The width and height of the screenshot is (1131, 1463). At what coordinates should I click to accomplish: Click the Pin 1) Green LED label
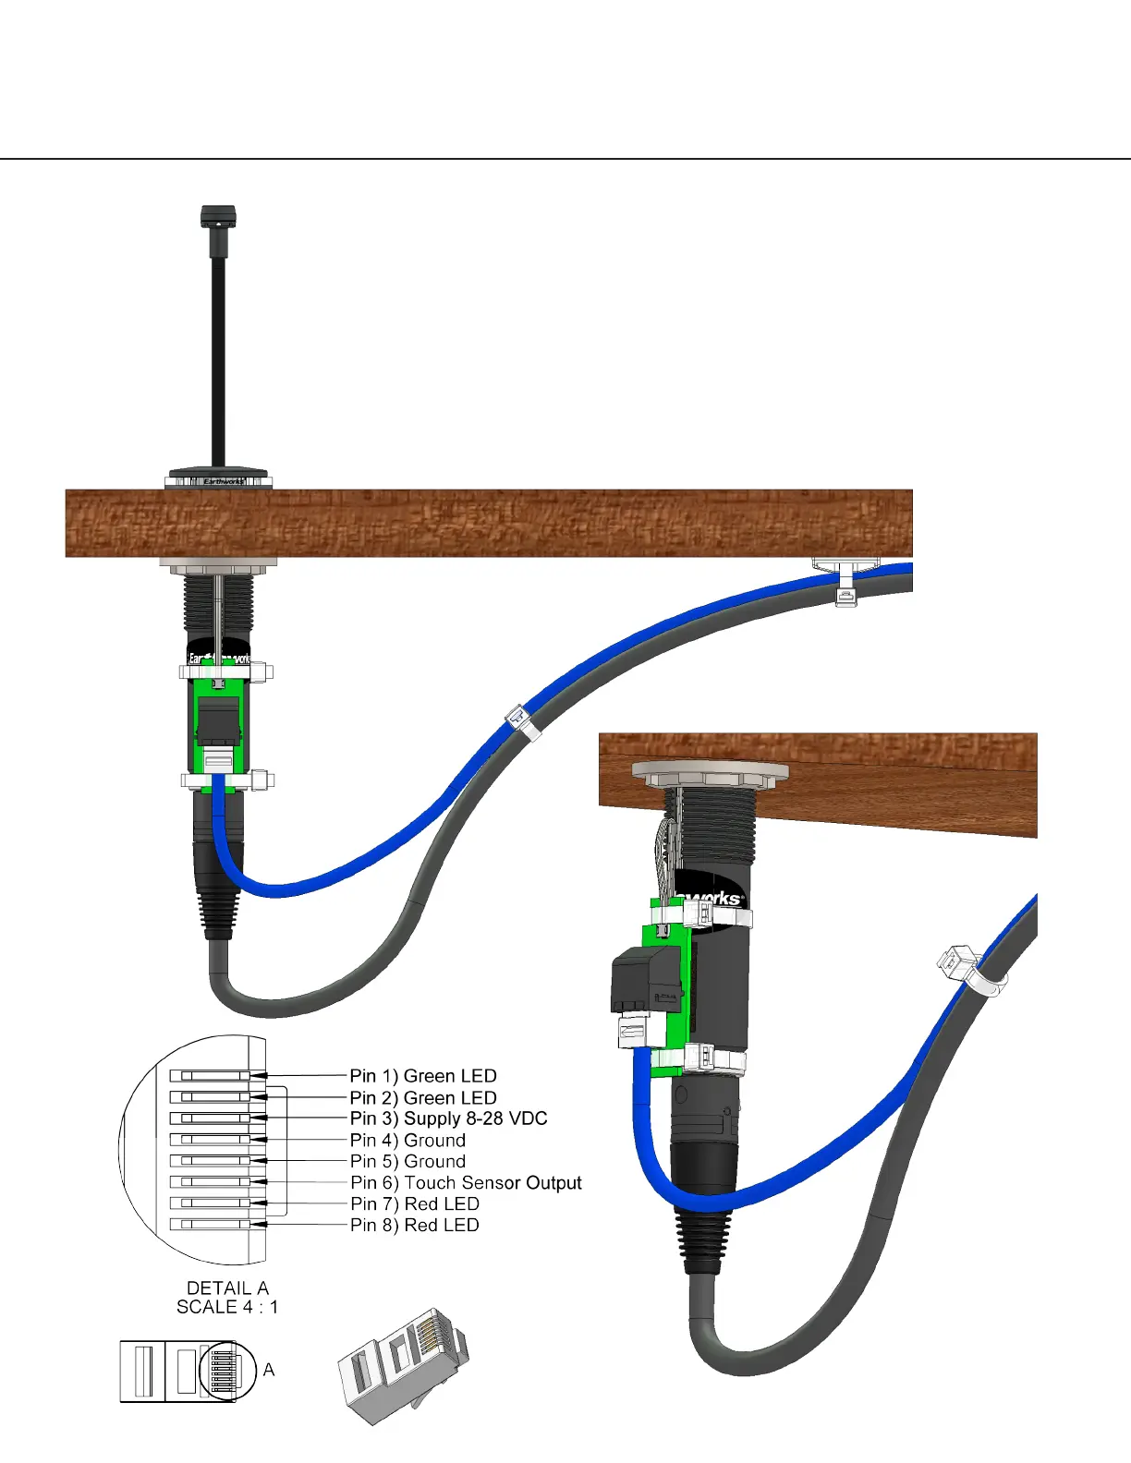click(423, 1076)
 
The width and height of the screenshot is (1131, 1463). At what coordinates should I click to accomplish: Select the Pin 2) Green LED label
click(423, 1097)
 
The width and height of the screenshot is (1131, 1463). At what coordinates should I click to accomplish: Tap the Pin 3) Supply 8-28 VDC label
click(449, 1118)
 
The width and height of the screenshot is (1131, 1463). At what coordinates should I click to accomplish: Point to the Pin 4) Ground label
click(407, 1140)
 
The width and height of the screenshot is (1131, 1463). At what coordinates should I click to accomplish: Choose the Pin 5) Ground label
click(407, 1161)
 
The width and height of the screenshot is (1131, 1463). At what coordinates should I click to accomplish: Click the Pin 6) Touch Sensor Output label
click(466, 1183)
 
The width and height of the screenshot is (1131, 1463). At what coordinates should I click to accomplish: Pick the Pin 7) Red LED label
click(414, 1203)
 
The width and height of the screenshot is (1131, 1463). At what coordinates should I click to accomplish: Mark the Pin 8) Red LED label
click(414, 1225)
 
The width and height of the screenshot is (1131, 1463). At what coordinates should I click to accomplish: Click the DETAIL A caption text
click(227, 1288)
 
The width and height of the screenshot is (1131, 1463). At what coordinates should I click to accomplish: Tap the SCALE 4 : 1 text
click(227, 1307)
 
